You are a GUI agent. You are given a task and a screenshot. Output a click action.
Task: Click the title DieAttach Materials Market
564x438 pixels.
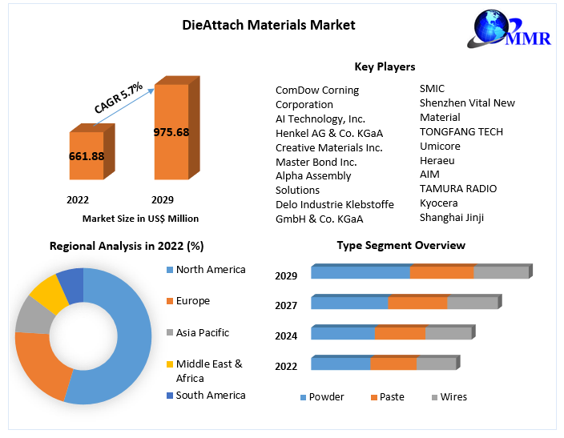click(x=269, y=26)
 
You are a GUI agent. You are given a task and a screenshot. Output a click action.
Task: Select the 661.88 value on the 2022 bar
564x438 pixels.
click(x=86, y=156)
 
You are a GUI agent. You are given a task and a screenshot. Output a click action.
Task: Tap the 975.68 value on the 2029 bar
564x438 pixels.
click(x=171, y=131)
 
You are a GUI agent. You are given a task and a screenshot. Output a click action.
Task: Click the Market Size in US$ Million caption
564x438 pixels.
click(x=140, y=219)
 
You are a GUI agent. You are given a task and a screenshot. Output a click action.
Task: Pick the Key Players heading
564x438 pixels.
click(x=385, y=66)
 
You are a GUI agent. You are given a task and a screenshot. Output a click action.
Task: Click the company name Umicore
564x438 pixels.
click(x=441, y=146)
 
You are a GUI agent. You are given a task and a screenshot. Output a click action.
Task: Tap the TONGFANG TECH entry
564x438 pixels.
click(x=461, y=131)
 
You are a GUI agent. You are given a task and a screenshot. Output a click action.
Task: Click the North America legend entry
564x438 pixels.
click(x=211, y=270)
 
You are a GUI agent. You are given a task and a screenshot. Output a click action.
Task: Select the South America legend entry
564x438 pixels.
click(x=211, y=395)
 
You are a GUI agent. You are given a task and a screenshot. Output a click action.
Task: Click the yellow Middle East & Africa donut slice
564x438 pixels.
click(x=47, y=293)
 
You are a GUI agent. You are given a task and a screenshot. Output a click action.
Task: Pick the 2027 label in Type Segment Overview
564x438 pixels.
click(x=286, y=305)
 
